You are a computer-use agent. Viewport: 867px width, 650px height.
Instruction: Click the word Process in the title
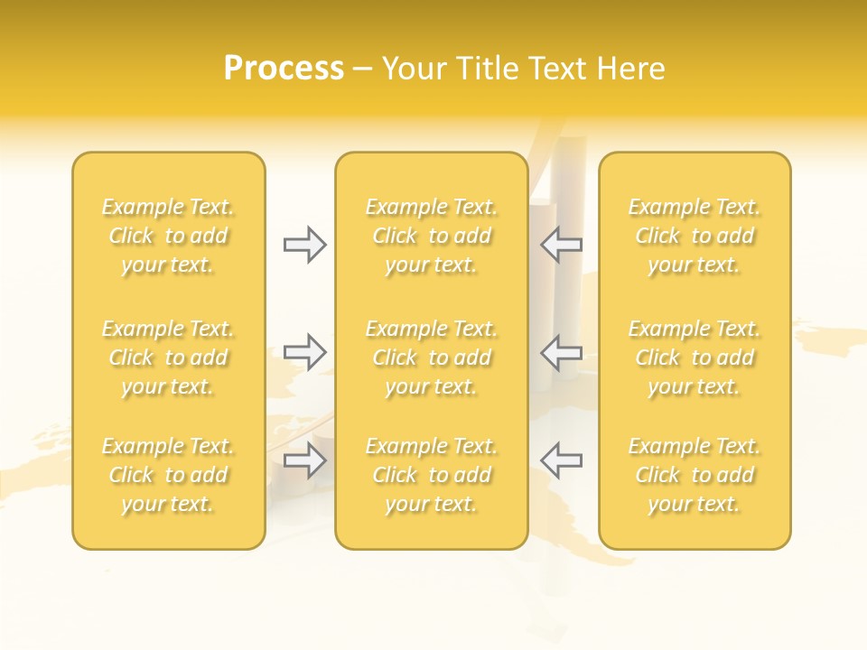click(284, 69)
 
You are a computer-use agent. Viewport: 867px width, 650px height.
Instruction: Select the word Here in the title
click(631, 69)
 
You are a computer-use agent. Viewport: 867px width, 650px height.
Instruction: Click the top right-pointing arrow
click(304, 245)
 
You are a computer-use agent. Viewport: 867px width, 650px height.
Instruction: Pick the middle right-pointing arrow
click(304, 351)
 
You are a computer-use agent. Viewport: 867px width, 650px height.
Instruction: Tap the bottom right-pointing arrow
click(304, 460)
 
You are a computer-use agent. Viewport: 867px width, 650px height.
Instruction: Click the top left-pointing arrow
click(561, 245)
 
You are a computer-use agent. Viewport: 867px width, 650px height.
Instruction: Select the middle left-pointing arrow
click(561, 351)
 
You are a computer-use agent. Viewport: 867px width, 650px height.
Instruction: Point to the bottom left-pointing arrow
click(561, 460)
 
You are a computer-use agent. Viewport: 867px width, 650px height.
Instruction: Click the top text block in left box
click(168, 236)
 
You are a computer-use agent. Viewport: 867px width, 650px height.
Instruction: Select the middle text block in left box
click(168, 357)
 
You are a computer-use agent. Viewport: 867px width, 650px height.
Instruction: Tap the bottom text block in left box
click(168, 475)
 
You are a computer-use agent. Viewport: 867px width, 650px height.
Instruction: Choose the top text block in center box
click(432, 236)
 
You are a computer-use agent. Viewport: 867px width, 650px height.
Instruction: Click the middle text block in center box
click(432, 357)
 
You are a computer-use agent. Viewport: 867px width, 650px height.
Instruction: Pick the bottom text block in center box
click(432, 475)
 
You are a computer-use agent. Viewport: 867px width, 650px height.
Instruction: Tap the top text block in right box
click(695, 236)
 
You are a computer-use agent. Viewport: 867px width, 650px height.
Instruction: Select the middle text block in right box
click(695, 357)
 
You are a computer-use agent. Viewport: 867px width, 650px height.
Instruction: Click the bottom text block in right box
click(695, 475)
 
